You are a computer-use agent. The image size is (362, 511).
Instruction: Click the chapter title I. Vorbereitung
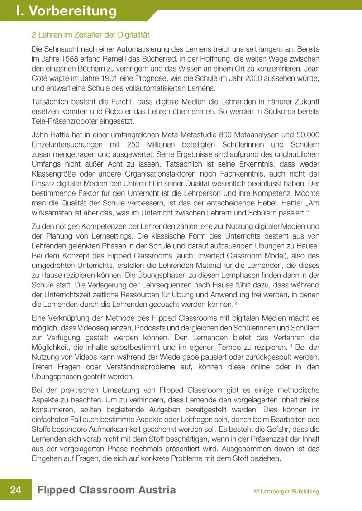coord(66,11)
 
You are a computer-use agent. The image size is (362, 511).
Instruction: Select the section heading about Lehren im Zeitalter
coord(90,34)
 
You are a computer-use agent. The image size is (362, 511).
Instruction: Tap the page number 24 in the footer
coord(15,490)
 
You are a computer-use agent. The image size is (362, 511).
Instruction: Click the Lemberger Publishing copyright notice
coord(286,491)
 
